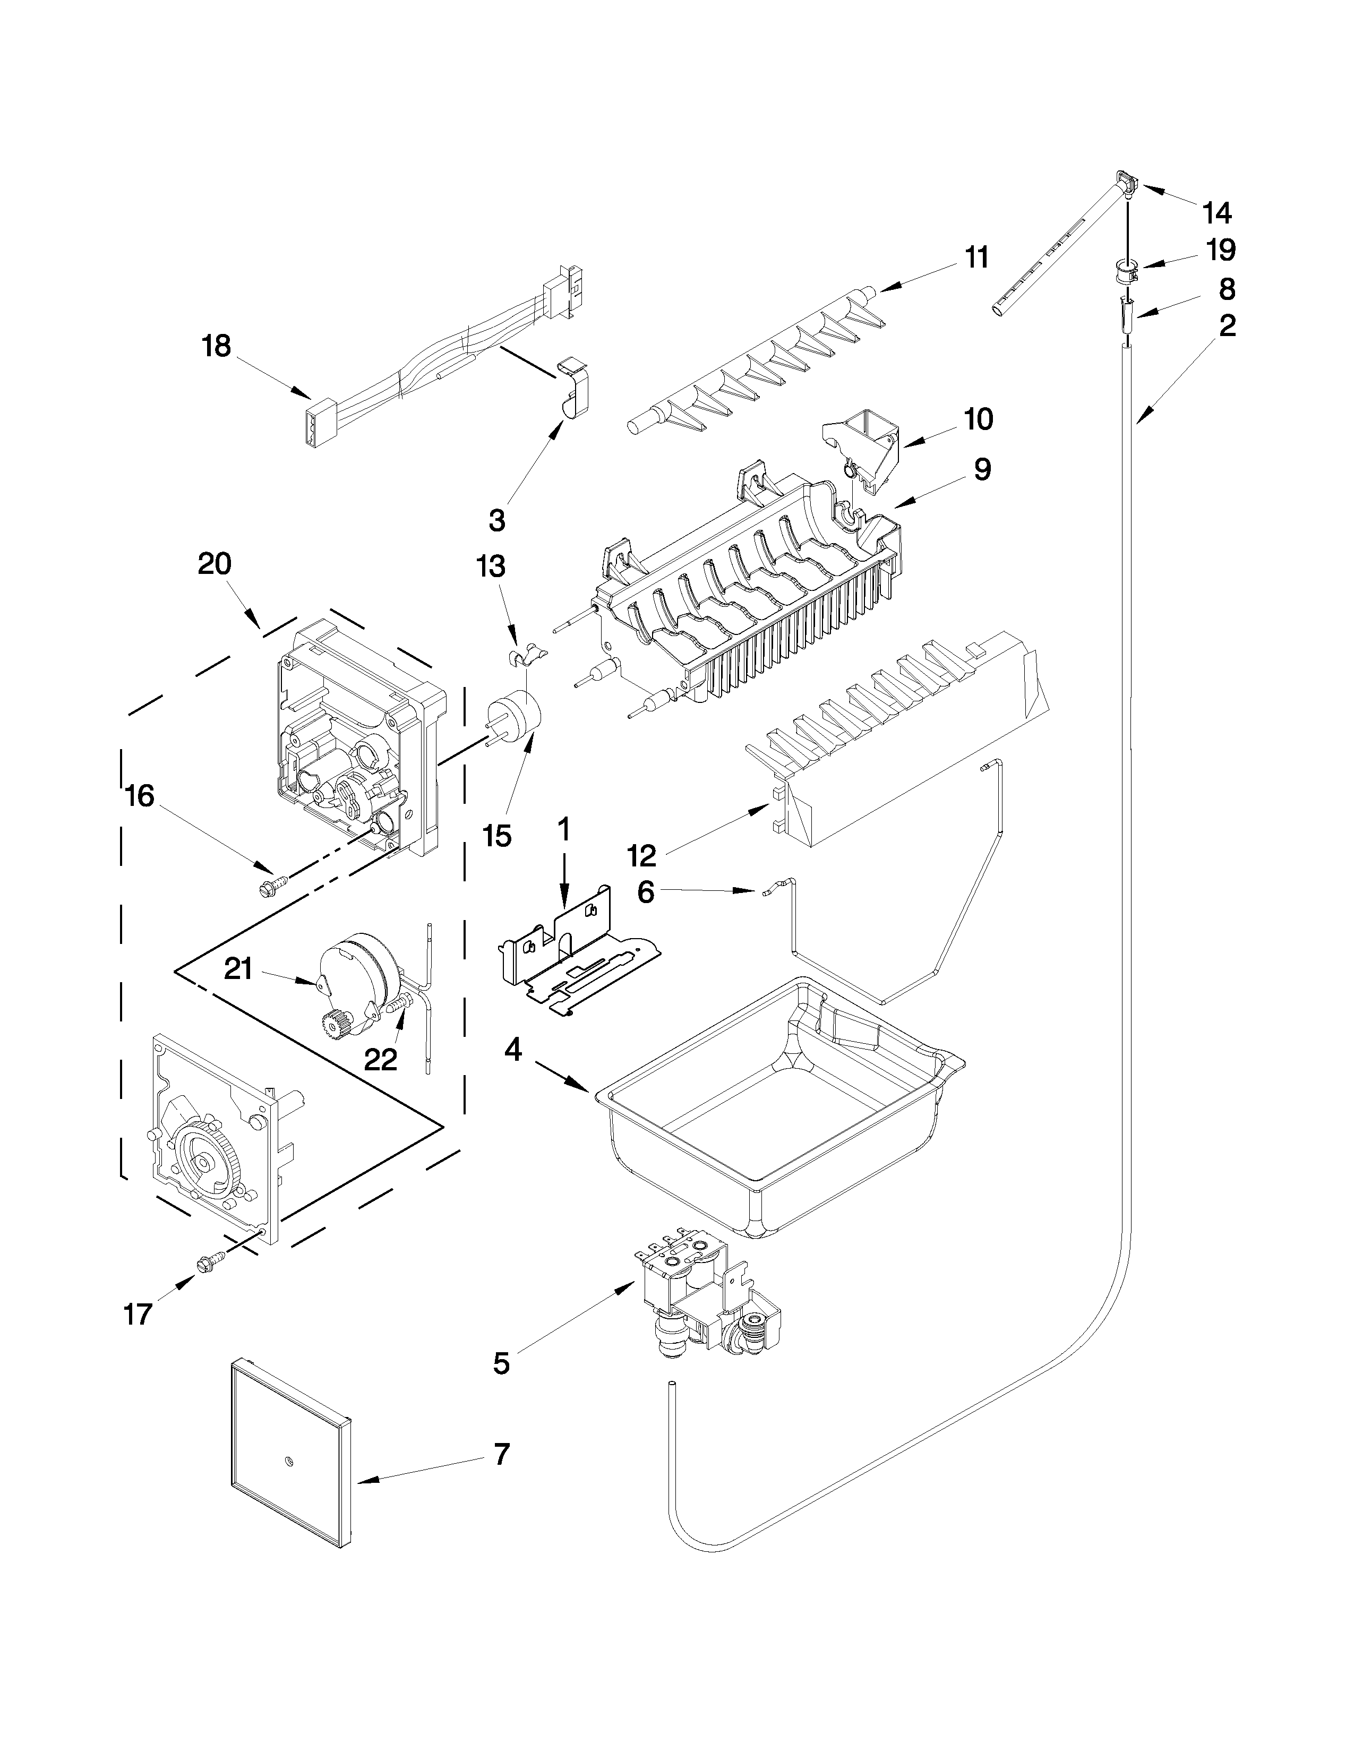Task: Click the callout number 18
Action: click(x=216, y=347)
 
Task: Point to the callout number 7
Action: click(x=501, y=1452)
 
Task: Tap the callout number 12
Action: click(x=642, y=856)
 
